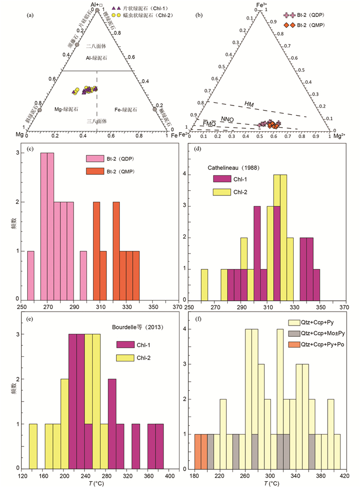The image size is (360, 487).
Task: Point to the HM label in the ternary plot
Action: (x=249, y=104)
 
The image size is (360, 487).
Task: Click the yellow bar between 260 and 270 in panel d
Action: (x=204, y=284)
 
